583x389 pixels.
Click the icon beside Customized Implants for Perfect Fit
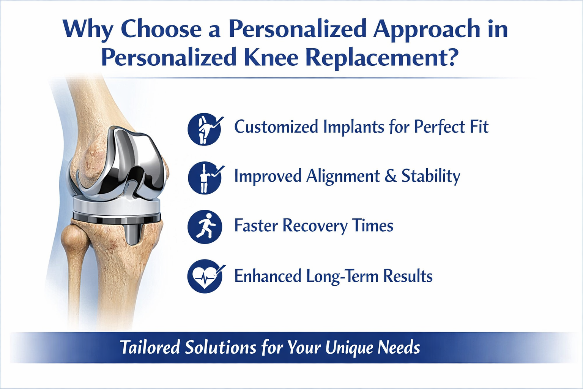(x=205, y=129)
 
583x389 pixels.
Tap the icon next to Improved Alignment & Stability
(x=205, y=178)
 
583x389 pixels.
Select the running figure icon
(x=205, y=227)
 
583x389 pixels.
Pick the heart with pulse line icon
(x=205, y=276)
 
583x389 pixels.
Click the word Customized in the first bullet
(x=276, y=127)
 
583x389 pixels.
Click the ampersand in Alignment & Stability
(x=391, y=176)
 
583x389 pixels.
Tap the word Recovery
(x=315, y=225)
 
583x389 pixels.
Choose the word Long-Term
(x=342, y=276)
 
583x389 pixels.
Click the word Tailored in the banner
(x=150, y=347)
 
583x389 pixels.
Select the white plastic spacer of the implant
(x=117, y=206)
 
